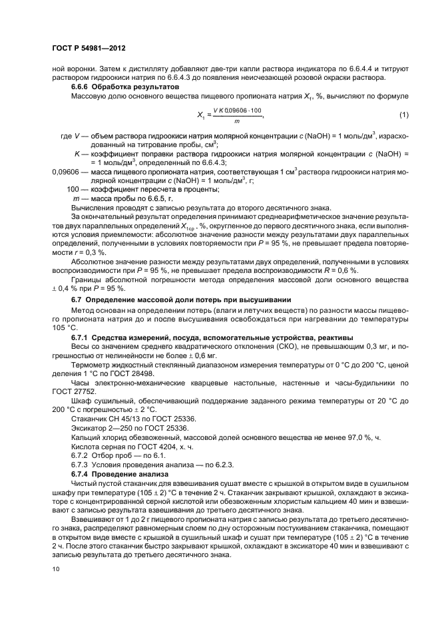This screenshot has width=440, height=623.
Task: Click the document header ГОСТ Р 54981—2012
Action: pyautogui.click(x=88, y=49)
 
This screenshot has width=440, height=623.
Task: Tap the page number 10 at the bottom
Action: pyautogui.click(x=55, y=569)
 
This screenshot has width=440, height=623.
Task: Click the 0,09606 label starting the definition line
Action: pyautogui.click(x=65, y=171)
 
